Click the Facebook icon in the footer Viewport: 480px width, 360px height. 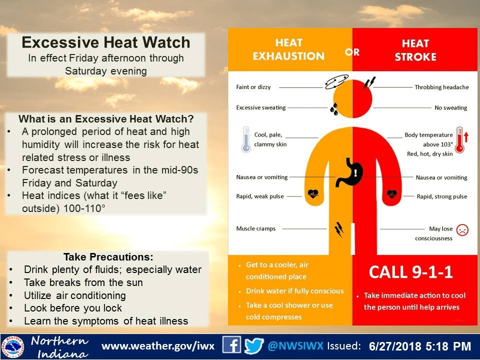(231, 345)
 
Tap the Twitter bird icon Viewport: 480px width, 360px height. (254, 345)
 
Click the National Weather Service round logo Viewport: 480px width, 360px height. (12, 347)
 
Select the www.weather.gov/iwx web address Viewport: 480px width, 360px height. (158, 346)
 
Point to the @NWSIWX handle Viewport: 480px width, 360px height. (295, 346)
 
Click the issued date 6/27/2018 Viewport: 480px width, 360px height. (395, 346)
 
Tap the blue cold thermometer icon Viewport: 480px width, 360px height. (246, 139)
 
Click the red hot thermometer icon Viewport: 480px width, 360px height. (459, 139)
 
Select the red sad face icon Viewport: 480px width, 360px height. (462, 229)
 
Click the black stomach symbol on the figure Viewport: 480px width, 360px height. (350, 172)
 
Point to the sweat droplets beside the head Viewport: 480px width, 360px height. (334, 108)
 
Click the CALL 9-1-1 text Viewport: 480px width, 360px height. (410, 272)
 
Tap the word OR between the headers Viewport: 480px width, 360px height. (352, 52)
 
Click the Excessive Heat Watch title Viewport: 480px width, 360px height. (106, 42)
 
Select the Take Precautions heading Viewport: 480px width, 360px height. (108, 256)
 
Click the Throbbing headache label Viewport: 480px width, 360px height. (441, 87)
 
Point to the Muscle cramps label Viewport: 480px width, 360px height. (255, 228)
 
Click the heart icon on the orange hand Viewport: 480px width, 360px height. (313, 194)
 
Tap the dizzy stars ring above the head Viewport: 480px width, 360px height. (336, 81)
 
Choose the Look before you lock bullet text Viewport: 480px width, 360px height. (73, 308)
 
